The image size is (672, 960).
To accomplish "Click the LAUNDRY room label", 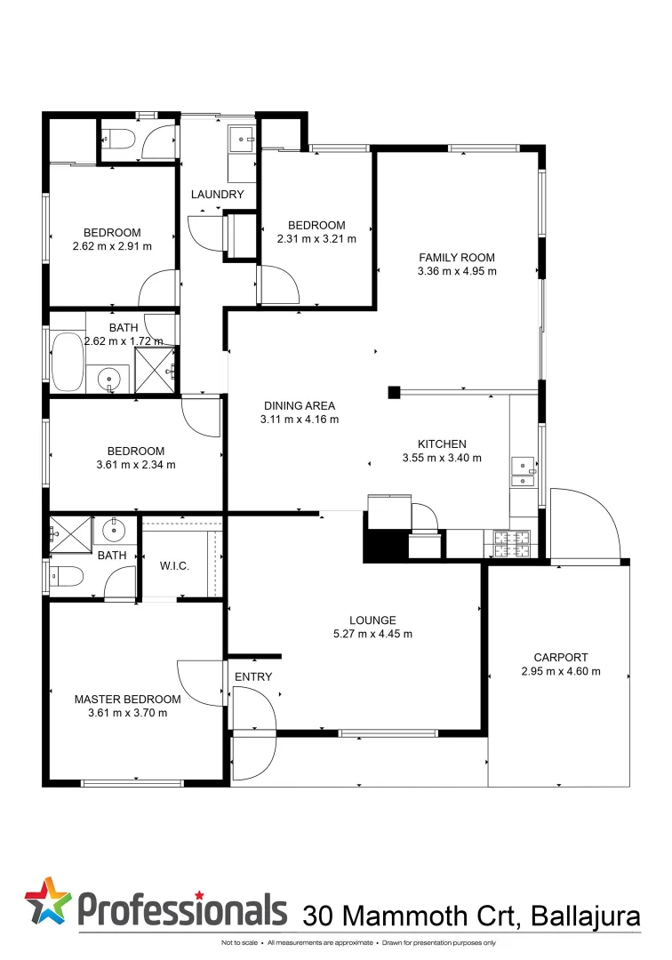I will tap(217, 195).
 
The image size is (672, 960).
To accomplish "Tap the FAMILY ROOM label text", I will tap(456, 258).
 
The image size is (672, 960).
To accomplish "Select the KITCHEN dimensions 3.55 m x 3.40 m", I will tap(442, 459).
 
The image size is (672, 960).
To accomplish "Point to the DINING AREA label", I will tap(299, 405).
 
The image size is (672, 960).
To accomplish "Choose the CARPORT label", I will tap(561, 658).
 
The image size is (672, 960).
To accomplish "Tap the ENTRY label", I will tap(253, 677).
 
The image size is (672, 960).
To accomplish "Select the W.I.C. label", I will tap(174, 566).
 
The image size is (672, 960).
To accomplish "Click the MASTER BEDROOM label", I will tap(127, 700).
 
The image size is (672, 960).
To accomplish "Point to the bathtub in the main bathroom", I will tap(67, 362).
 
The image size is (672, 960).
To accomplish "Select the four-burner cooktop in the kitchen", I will tap(511, 544).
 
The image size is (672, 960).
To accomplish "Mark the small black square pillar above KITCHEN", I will tap(394, 392).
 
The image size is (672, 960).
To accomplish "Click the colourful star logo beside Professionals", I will tap(48, 901).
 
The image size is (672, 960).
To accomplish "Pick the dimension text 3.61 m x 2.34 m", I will tap(136, 464).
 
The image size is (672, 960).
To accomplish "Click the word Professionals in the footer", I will tap(183, 908).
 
